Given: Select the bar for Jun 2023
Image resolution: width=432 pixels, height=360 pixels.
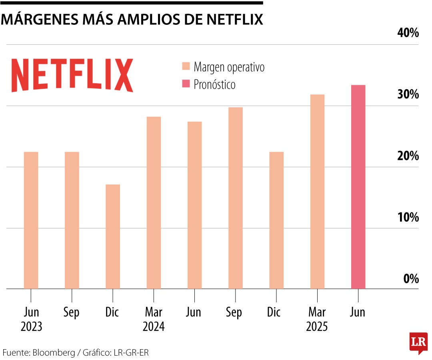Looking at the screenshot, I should click(x=31, y=220).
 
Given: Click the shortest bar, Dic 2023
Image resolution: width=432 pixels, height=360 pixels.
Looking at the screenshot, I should click(x=113, y=236).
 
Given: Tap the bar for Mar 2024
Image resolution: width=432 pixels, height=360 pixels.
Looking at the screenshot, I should click(x=154, y=202).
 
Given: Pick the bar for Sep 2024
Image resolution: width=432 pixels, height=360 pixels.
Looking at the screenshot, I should click(x=236, y=198).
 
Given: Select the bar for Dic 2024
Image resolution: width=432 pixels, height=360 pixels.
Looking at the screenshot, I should click(x=276, y=220).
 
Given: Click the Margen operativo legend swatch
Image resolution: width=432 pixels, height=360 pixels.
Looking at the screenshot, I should click(x=186, y=67).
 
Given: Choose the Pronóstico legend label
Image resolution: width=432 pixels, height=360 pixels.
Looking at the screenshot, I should click(x=214, y=85).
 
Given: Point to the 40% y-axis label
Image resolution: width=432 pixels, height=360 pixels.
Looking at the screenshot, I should click(x=408, y=33).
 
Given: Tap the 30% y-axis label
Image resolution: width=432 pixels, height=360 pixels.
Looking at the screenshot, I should click(x=408, y=95).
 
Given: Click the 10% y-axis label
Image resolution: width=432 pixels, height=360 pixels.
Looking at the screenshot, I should click(x=408, y=218).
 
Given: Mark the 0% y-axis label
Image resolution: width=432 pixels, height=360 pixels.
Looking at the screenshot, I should click(x=410, y=279).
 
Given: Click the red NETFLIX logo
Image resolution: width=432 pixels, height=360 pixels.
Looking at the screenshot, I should click(x=72, y=75).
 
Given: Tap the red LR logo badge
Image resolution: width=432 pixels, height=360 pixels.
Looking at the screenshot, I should click(x=418, y=342).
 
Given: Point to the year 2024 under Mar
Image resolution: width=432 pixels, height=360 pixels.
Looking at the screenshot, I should click(x=154, y=327).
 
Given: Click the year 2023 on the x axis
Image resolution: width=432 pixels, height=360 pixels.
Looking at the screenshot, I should click(x=31, y=327).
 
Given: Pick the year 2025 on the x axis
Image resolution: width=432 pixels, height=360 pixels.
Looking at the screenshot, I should click(x=317, y=327).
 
